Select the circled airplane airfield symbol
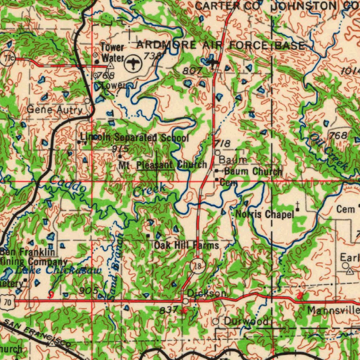(133, 64)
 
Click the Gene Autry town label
(54, 110)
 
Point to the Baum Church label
(253, 172)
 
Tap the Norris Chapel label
(264, 214)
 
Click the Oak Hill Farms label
(187, 245)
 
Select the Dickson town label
(206, 293)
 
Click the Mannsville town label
(333, 310)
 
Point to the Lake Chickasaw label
(58, 270)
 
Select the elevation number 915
(120, 149)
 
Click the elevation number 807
(192, 71)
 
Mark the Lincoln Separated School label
(134, 137)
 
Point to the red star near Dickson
(183, 310)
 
